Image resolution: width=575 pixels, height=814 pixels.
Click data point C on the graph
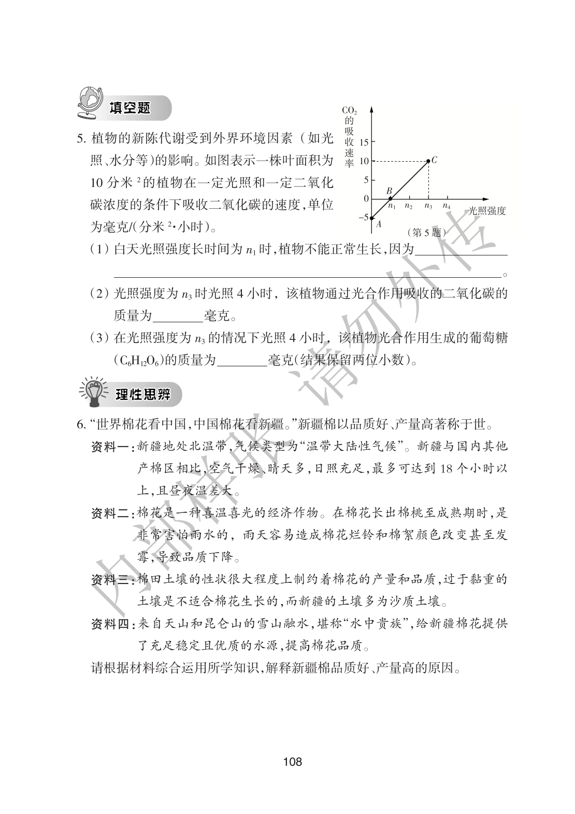point(428,161)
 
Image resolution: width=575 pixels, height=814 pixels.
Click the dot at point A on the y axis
point(372,218)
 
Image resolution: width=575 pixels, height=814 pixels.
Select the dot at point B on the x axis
point(391,198)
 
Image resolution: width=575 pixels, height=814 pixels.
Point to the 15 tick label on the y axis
point(363,142)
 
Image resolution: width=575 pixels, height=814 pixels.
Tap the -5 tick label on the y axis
point(362,218)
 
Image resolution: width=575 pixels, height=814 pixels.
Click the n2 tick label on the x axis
point(409,206)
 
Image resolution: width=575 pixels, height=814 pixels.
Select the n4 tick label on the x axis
point(447,206)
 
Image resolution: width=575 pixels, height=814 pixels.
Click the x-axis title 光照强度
point(486,211)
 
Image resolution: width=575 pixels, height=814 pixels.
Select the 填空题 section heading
point(130,108)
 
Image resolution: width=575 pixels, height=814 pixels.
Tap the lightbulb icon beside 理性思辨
point(92,394)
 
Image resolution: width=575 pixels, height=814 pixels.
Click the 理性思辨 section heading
point(135,395)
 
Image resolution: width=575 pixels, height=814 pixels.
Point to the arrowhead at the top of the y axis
point(372,109)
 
